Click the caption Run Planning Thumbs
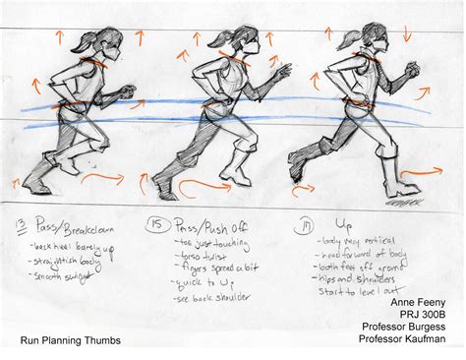[73, 341]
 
